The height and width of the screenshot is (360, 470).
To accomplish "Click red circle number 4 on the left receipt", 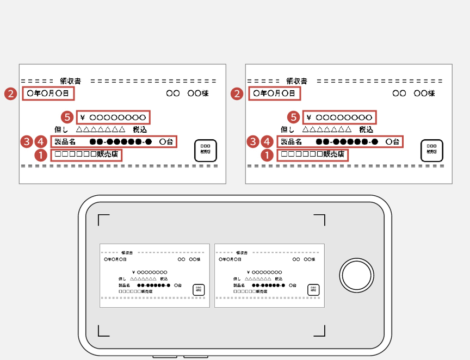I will (x=41, y=141).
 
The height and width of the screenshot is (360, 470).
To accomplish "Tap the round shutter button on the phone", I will (x=357, y=276).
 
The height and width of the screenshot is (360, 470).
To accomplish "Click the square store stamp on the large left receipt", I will (x=206, y=150).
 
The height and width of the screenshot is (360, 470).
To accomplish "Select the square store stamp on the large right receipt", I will (x=432, y=150).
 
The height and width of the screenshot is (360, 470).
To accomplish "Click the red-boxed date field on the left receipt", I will (x=48, y=94).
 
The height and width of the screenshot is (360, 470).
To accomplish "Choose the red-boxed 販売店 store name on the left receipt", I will (x=86, y=155).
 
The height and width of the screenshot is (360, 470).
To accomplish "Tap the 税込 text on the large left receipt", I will (x=140, y=130).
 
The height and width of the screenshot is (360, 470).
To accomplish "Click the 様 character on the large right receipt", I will (x=431, y=94).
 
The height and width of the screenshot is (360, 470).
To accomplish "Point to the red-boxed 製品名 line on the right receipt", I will (x=340, y=142).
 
